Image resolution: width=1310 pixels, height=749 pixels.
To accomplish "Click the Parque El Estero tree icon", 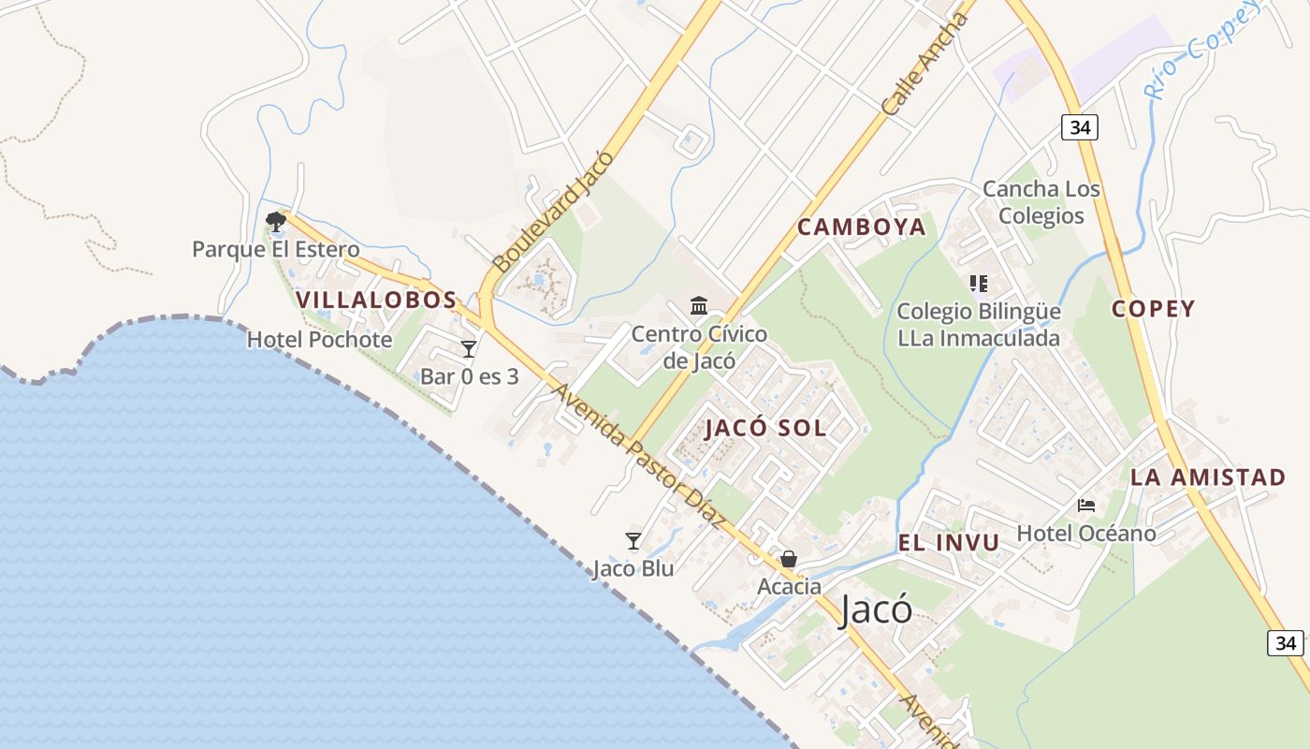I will point(275,222).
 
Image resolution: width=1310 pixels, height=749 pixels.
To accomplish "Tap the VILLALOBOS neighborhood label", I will point(376,301).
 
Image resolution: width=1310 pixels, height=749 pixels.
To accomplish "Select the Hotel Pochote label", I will point(319,340).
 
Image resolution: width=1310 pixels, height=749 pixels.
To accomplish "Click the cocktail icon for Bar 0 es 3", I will point(469,349).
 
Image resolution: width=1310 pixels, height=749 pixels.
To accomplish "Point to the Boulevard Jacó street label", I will point(553,212).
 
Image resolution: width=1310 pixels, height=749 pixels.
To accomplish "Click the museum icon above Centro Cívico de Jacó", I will point(699,306).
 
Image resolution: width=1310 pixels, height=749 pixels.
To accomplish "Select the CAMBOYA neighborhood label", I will point(862,228).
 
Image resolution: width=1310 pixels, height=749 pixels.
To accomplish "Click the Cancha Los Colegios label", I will point(1041,202).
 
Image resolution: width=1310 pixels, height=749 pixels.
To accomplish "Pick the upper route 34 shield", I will point(1079,127).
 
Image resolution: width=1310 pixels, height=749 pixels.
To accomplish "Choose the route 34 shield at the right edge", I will point(1286,642).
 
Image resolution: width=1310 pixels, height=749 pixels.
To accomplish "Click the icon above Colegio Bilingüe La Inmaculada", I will point(979,283).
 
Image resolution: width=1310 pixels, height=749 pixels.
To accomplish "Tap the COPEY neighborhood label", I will point(1153,310).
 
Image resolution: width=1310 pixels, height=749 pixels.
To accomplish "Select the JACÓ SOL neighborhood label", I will point(765,429).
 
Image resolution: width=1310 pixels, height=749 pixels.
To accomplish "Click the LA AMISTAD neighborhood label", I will point(1208,477).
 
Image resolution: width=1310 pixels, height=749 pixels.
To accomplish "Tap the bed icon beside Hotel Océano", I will point(1085,506).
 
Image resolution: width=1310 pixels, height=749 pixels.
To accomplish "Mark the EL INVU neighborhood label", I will point(949,543).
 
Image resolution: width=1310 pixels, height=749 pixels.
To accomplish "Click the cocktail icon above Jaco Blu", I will point(633,541).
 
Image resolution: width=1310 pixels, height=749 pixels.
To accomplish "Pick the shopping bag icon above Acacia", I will point(789,560).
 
